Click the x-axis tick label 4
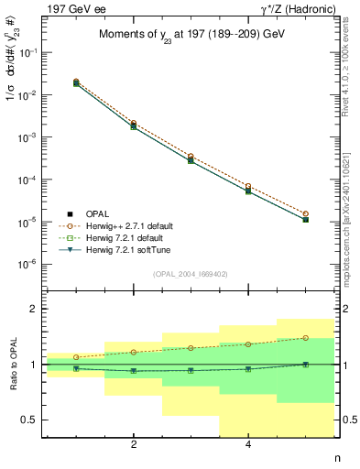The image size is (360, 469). [x=248, y=445]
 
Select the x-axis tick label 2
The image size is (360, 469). [x=134, y=445]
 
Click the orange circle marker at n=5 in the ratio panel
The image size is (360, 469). [x=305, y=338]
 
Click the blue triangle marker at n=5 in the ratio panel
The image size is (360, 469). [x=305, y=365]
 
